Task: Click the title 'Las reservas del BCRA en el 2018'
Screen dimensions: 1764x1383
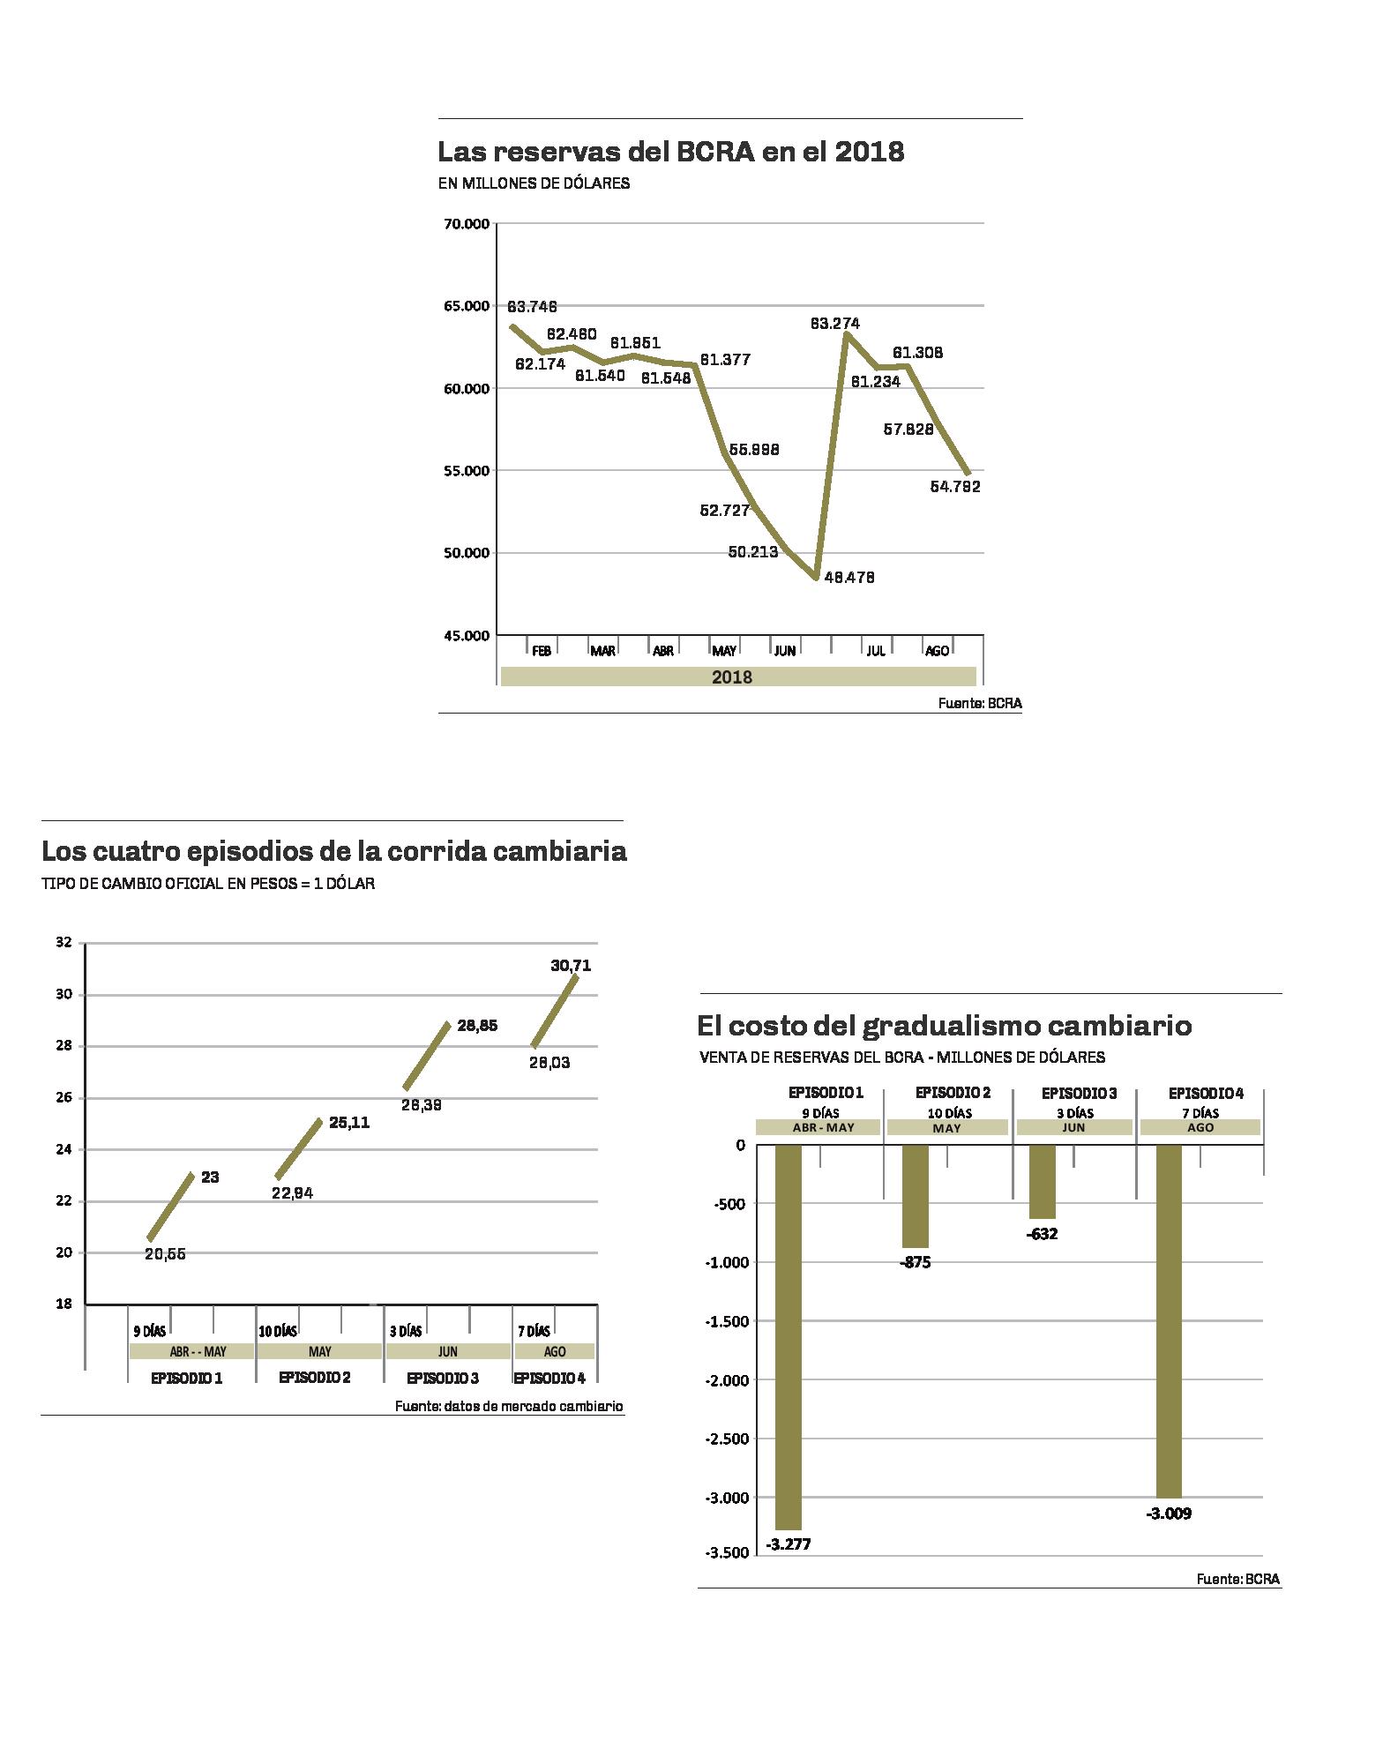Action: [x=670, y=152]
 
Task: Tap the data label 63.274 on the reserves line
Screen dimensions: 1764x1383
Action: [x=834, y=324]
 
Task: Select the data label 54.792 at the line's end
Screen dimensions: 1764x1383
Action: [x=955, y=486]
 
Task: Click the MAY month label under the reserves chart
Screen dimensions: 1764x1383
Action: [x=724, y=651]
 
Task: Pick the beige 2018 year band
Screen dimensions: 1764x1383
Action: [x=737, y=676]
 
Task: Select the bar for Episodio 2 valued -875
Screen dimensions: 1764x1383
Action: [x=916, y=1196]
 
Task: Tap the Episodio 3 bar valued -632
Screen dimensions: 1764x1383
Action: [x=1042, y=1181]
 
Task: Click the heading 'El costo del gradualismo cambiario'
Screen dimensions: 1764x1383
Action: [x=944, y=1026]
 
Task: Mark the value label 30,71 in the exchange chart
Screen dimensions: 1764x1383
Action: [x=571, y=966]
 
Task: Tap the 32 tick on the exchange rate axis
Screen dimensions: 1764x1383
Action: [x=63, y=942]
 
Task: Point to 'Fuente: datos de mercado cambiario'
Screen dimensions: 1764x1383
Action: [x=509, y=1407]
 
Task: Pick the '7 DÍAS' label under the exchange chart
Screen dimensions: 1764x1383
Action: [x=534, y=1331]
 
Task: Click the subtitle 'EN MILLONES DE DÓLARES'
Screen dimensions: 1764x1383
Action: [x=534, y=184]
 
